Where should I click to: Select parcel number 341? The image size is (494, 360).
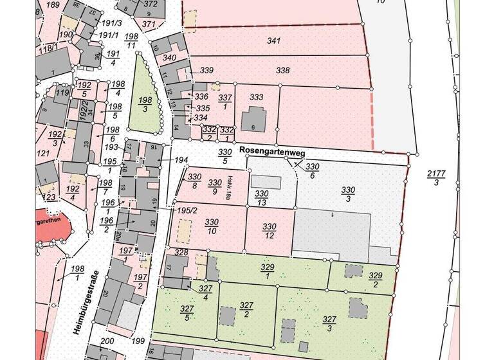tap(274, 40)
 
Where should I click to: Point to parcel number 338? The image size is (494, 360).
tap(282, 69)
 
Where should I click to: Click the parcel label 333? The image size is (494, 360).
tap(257, 98)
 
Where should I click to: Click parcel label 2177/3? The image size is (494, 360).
tap(433, 178)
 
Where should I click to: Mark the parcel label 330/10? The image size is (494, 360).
tap(212, 226)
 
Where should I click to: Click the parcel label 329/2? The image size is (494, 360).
tap(376, 280)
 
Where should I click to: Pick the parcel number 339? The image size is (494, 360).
tap(206, 70)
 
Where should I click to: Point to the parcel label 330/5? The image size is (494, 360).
tap(224, 156)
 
